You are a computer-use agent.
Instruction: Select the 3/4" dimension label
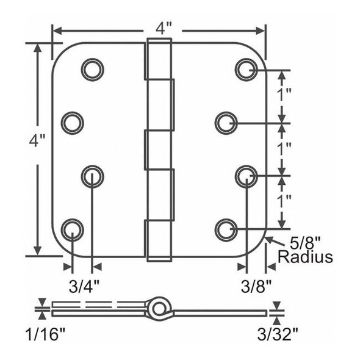(x=82, y=286)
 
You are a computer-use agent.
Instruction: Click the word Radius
(x=305, y=257)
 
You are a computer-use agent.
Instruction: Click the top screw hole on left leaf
(x=93, y=69)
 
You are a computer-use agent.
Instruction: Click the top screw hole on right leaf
(x=246, y=69)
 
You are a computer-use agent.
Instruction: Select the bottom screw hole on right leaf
(x=226, y=229)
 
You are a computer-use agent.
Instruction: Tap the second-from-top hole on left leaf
(x=73, y=123)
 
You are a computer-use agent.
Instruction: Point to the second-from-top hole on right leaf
(x=226, y=123)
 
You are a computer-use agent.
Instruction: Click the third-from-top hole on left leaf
(x=93, y=176)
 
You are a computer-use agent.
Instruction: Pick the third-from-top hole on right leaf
(x=246, y=176)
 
